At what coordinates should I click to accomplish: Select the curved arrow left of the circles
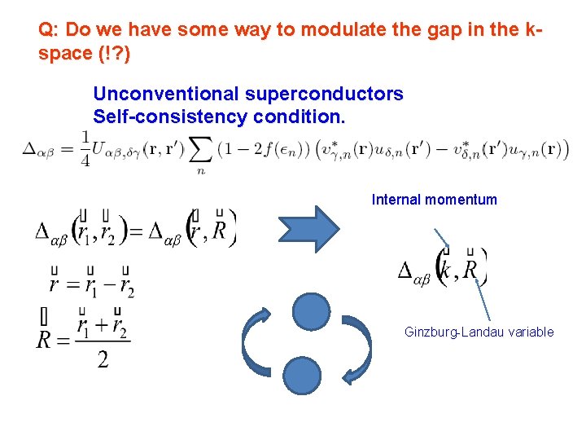tap(258, 345)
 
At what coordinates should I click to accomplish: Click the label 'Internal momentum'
tap(434, 200)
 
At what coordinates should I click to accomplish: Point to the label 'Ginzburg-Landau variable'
tap(479, 332)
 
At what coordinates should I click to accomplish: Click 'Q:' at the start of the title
tap(48, 29)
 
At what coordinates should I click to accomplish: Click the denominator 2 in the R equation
tap(103, 359)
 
